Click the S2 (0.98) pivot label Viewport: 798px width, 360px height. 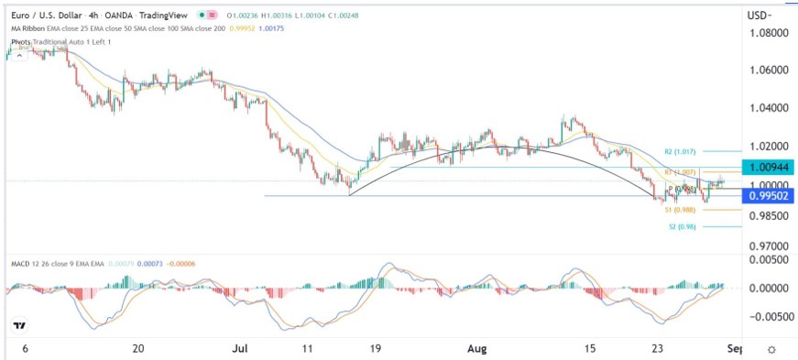click(677, 225)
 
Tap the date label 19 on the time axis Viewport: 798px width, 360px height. click(375, 349)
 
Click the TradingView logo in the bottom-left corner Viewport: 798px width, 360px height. click(19, 325)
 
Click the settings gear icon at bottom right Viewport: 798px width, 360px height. click(772, 349)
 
